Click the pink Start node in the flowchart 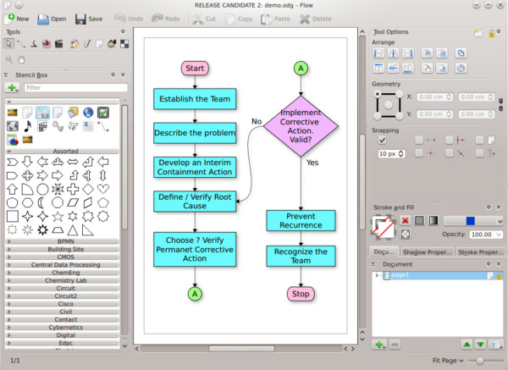[195, 67]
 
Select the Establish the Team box [195, 99]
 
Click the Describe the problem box [195, 133]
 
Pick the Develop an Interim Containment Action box [195, 167]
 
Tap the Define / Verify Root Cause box [195, 201]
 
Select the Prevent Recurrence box [301, 221]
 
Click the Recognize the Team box [301, 257]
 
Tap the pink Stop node [301, 294]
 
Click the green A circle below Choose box [195, 293]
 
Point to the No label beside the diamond [256, 121]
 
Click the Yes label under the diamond [312, 162]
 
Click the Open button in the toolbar [52, 18]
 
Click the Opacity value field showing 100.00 [484, 234]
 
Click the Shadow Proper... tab [428, 251]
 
